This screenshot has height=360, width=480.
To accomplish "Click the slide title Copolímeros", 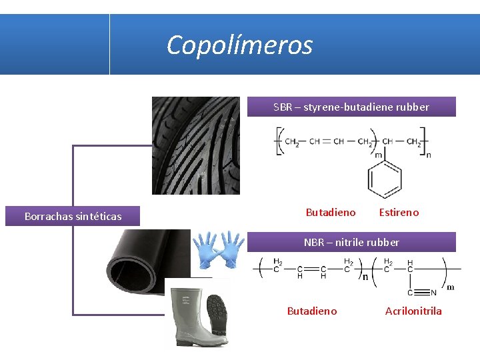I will (x=239, y=45).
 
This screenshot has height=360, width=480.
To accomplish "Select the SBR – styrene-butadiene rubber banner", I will (x=351, y=107).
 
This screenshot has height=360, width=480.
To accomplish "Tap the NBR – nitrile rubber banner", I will (x=351, y=242).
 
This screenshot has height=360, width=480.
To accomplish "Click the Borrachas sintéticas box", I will (x=73, y=216).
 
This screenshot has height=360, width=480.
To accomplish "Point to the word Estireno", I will (x=399, y=213).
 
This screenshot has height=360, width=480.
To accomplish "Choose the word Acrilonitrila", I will (x=413, y=311).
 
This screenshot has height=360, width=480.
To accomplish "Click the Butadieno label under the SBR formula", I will (x=331, y=213).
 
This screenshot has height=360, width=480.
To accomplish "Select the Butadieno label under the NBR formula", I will (x=312, y=311).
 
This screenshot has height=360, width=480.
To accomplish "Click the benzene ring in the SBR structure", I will (x=385, y=179).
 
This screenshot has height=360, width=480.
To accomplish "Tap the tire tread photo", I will (x=196, y=145).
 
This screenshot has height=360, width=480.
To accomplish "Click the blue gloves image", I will (x=219, y=249).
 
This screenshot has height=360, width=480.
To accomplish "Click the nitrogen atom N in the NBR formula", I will (x=433, y=292).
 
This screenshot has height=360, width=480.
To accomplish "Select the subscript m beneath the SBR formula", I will (x=378, y=155).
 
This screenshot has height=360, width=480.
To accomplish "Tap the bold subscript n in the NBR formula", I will (x=365, y=276).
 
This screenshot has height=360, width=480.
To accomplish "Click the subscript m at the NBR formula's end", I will (x=450, y=287).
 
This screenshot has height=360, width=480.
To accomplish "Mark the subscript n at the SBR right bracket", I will (x=429, y=155).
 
